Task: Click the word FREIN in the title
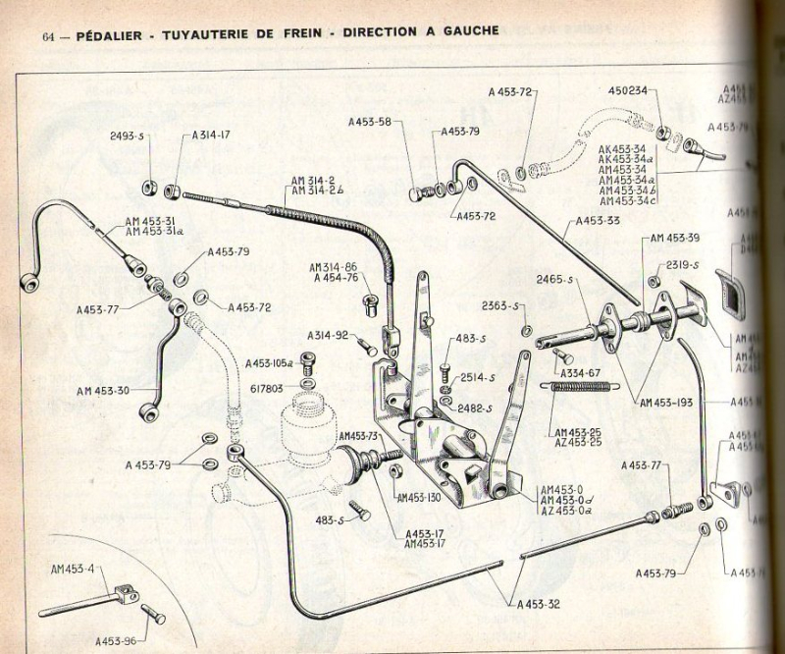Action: pos(288,32)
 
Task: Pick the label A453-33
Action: pos(597,221)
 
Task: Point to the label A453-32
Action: pos(540,606)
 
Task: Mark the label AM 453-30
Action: pos(105,391)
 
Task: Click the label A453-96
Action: pos(106,639)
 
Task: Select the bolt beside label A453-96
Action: pos(153,614)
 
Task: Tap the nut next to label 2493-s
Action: pos(150,187)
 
